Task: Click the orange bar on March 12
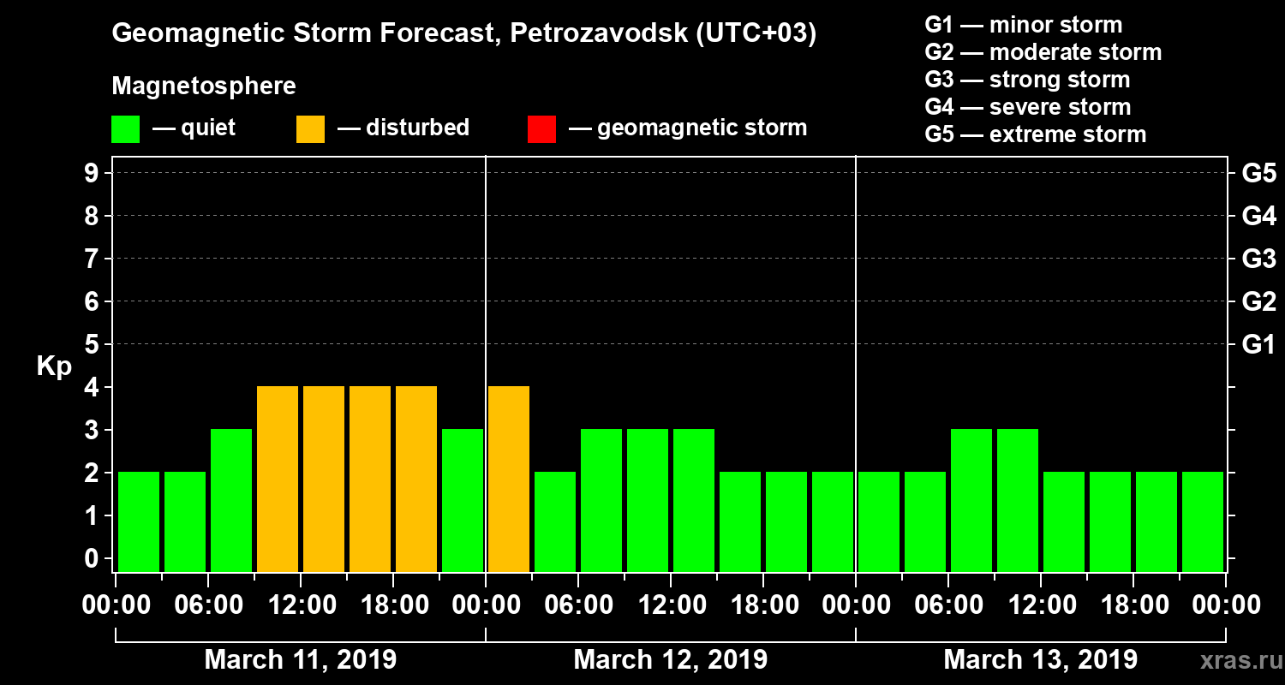tap(509, 479)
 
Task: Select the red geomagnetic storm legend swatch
tap(541, 128)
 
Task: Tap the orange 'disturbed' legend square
tap(310, 128)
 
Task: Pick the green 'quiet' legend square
tap(125, 128)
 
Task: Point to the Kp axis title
tap(54, 366)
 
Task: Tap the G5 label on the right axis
tap(1258, 173)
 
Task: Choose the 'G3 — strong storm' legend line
tap(1027, 80)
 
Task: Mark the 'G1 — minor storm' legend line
tap(1023, 25)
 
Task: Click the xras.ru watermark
tap(1236, 660)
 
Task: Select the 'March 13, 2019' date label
tap(1040, 660)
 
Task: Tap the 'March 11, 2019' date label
tap(300, 660)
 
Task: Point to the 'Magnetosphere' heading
tap(204, 86)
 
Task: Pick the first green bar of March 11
tap(139, 521)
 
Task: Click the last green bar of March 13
tap(1203, 521)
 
